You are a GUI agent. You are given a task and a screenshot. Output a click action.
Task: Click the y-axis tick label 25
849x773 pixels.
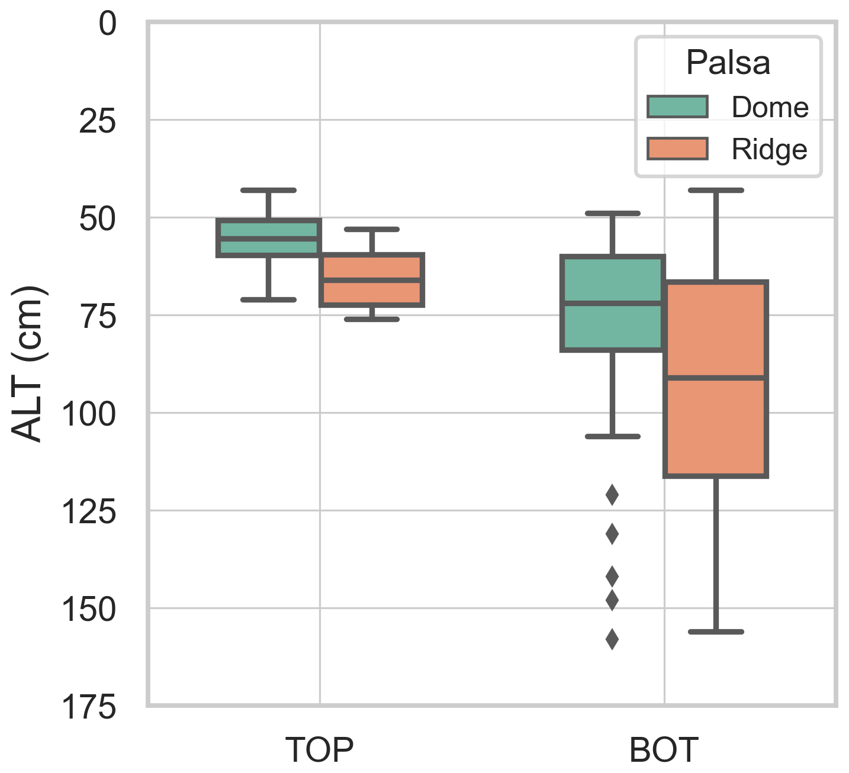97,122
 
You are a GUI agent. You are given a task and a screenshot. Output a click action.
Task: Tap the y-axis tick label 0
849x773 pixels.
107,25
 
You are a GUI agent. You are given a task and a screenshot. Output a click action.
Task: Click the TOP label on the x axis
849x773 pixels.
319,750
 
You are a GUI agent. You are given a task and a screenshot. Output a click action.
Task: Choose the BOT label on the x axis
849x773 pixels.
664,750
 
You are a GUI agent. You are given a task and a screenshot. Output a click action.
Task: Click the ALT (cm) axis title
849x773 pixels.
28,364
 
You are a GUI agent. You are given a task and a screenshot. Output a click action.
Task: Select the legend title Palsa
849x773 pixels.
728,62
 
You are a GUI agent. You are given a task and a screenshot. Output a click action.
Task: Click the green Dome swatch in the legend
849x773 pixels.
677,107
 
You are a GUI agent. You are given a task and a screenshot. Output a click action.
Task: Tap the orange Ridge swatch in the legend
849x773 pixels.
677,149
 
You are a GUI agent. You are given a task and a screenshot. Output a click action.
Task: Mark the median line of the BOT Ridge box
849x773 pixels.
716,377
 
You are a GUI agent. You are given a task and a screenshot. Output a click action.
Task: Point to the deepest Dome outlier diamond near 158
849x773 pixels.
612,639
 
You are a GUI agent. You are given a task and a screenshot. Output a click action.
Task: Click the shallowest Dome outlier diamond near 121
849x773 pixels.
612,495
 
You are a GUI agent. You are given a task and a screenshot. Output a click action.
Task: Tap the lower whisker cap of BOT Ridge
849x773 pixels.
716,632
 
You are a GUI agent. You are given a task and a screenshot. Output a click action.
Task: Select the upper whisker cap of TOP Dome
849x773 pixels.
268,190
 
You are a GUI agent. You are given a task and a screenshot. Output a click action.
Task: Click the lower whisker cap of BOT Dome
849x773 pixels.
613,436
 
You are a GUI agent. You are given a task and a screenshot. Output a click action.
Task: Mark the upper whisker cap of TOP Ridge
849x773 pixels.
372,229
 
